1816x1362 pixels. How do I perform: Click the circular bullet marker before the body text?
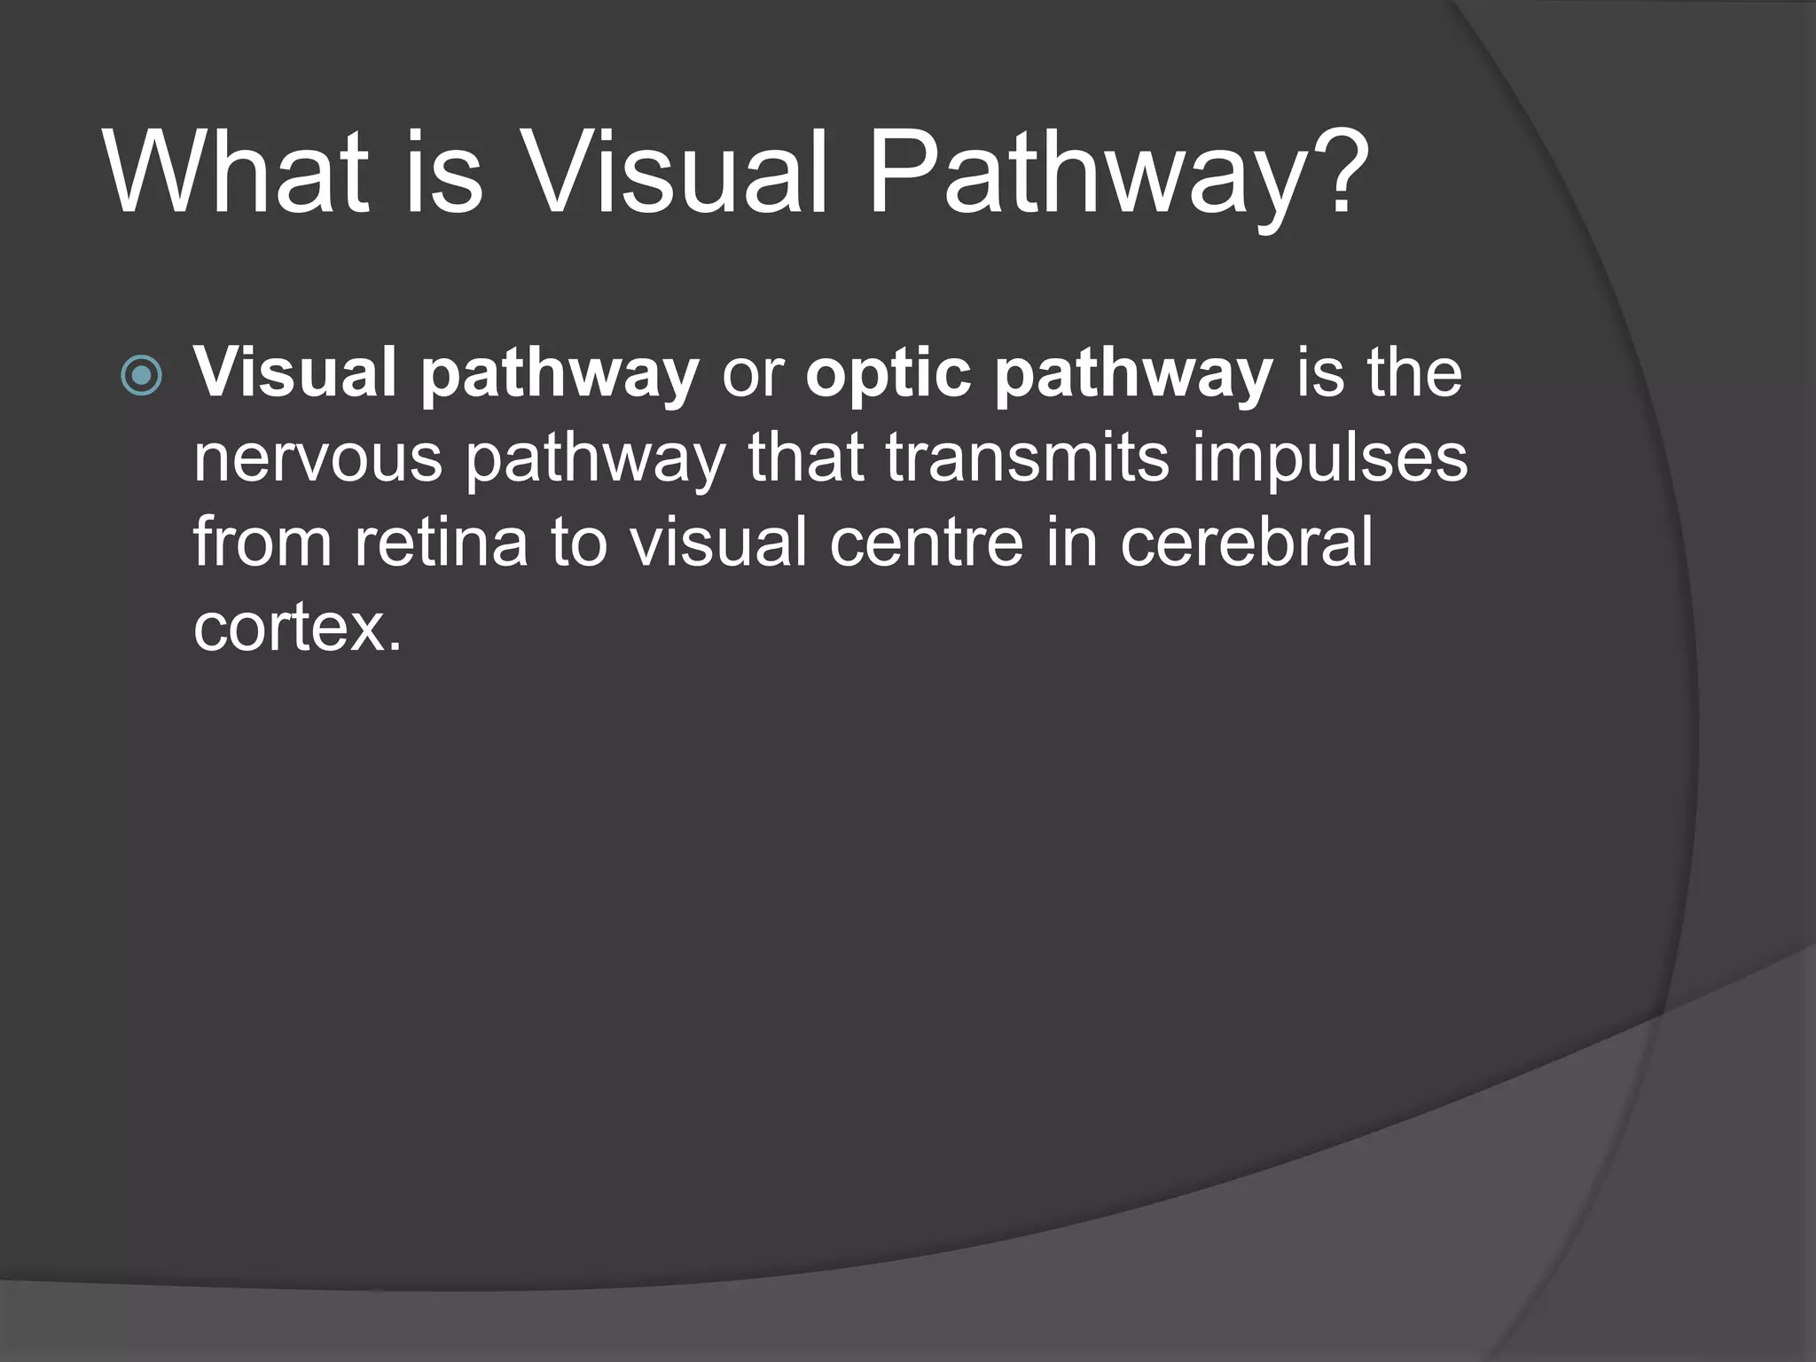[142, 375]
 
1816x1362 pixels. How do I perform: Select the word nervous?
[317, 459]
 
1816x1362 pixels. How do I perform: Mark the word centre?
[926, 543]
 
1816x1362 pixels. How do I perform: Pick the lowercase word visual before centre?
[718, 543]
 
